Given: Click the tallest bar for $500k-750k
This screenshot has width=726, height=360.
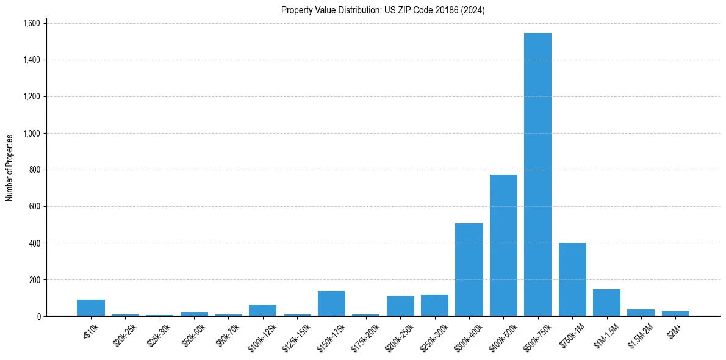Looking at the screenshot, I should coord(537,175).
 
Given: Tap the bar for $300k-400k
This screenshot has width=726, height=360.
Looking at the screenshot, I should coord(469,270).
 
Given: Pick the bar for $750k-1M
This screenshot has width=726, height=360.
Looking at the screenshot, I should coord(572,279).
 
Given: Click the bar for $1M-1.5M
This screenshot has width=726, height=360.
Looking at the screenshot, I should coord(606,303).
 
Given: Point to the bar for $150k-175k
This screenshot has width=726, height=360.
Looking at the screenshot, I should coord(331,304).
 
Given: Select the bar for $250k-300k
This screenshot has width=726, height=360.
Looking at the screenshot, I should coord(434,306).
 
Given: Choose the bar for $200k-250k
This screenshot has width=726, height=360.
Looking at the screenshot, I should coord(400,306).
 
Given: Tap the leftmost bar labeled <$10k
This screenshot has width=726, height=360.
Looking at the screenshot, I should coord(91,308).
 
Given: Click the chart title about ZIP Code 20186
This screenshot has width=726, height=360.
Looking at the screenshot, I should coord(383,10).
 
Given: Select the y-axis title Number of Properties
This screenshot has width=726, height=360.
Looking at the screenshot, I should coord(10,168).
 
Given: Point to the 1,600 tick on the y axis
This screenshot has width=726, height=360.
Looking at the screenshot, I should coord(31,23).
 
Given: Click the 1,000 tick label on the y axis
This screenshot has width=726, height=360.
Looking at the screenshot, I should coord(31,133).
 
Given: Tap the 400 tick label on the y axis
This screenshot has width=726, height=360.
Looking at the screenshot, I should coord(34,243).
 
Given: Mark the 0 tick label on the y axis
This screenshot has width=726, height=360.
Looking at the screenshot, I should coord(38,316).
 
